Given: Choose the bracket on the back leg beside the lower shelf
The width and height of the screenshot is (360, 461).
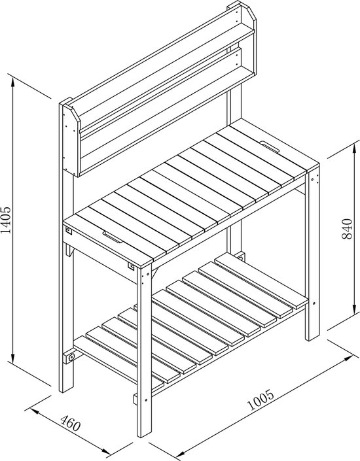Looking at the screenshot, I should click(x=241, y=256).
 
